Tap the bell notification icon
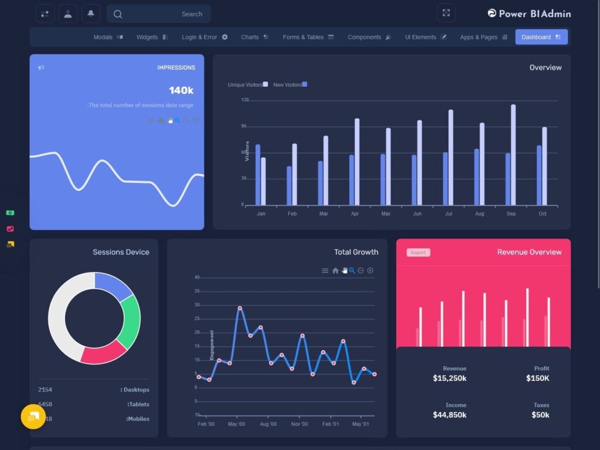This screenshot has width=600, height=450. coord(90,13)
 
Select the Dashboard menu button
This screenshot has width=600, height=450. coord(541,37)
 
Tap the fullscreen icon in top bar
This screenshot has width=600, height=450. coord(446,13)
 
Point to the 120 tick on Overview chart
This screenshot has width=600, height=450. coord(245,100)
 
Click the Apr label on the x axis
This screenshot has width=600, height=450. coord(354,214)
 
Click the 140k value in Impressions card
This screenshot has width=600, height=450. coord(181,90)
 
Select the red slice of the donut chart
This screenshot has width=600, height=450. coord(103,353)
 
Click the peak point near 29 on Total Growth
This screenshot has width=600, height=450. coord(240,308)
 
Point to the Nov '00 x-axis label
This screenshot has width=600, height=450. coord(299,424)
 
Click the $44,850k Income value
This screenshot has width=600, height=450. coord(449,415)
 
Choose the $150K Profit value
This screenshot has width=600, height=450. coord(537,379)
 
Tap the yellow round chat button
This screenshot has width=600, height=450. coord(33,417)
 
